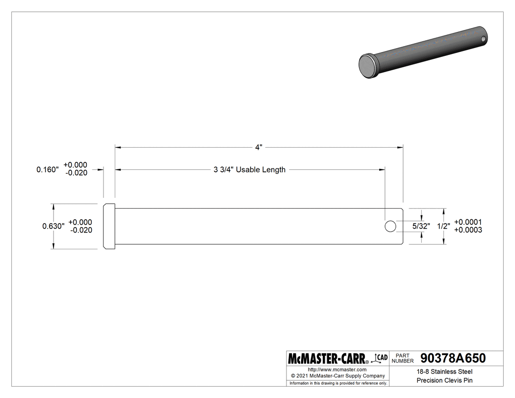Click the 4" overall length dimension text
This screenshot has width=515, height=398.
pyautogui.click(x=258, y=147)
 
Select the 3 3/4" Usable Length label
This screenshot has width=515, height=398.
pyautogui.click(x=249, y=170)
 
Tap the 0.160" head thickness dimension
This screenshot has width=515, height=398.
pyautogui.click(x=48, y=169)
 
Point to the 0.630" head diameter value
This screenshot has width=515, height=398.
pyautogui.click(x=53, y=226)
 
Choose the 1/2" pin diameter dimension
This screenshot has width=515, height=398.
pyautogui.click(x=443, y=226)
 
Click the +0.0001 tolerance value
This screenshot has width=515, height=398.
pyautogui.click(x=468, y=222)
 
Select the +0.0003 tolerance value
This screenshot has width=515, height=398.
pyautogui.click(x=468, y=230)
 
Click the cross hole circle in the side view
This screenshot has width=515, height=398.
pyautogui.click(x=390, y=226)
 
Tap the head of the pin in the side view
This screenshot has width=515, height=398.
pyautogui.click(x=109, y=226)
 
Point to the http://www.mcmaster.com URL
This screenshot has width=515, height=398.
pyautogui.click(x=337, y=369)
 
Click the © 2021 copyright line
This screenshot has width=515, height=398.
pyautogui.click(x=337, y=376)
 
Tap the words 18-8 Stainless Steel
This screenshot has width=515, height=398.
pyautogui.click(x=445, y=371)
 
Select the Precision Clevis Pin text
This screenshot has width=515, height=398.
pyautogui.click(x=445, y=380)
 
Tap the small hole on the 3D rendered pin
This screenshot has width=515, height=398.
pyautogui.click(x=483, y=39)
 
